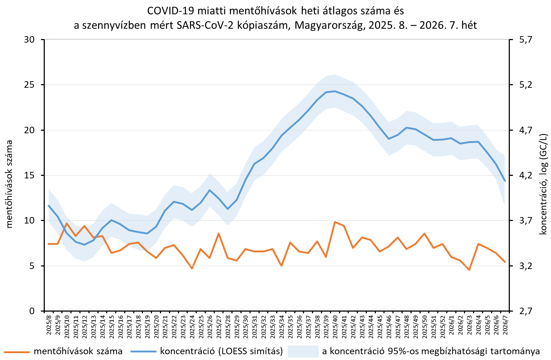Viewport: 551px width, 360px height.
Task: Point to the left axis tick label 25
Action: click(x=30, y=85)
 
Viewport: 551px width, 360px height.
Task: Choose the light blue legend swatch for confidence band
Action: click(x=303, y=351)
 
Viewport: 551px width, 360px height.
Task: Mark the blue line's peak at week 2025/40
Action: click(x=335, y=91)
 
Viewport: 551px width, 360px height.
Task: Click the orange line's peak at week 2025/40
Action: click(x=335, y=222)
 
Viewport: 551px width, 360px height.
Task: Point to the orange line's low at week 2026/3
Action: click(x=469, y=270)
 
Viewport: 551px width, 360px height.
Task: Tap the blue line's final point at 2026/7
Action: click(x=505, y=181)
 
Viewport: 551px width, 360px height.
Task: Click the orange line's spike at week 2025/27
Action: click(x=218, y=233)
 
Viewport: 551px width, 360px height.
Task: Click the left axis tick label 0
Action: click(x=32, y=311)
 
